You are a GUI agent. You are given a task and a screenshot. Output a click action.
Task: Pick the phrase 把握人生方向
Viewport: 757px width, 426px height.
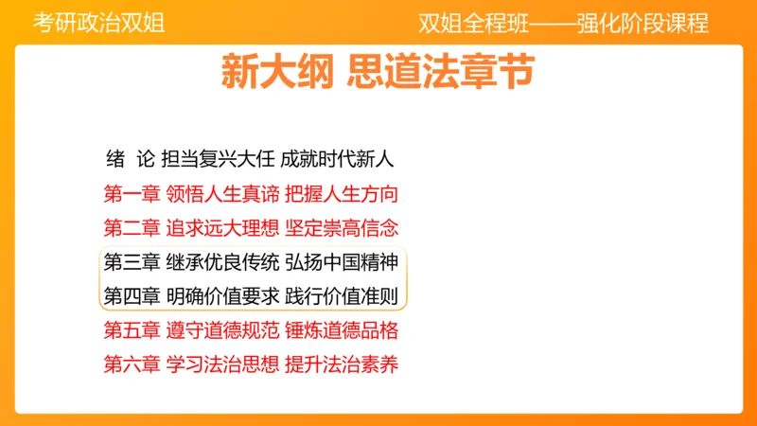tap(341, 195)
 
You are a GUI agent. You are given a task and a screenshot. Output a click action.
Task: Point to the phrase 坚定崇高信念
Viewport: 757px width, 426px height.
tap(341, 228)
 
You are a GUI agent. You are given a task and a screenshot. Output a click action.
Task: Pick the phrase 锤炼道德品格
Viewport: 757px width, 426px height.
tap(341, 329)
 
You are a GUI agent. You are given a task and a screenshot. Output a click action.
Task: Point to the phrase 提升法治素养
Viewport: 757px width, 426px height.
tap(341, 363)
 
